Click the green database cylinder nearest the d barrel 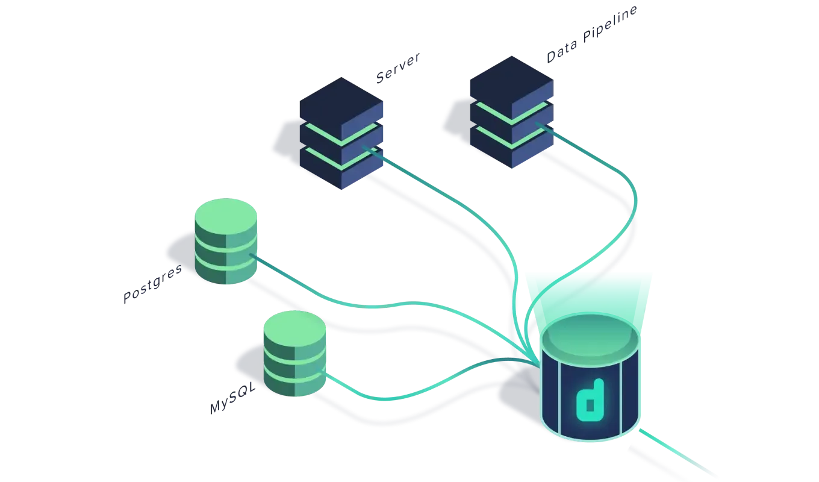point(295,354)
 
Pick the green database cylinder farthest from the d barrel point(226,241)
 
